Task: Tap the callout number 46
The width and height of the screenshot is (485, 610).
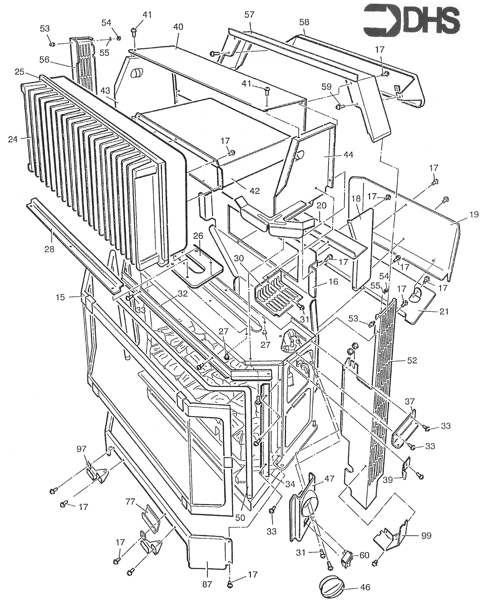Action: point(365,587)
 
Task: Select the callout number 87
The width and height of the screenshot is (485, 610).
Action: point(207,584)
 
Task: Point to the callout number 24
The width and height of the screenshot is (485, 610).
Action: point(13,139)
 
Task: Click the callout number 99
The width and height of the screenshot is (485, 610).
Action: point(426,536)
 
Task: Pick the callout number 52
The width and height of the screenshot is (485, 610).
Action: point(412,360)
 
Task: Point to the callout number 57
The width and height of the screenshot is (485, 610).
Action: point(250,15)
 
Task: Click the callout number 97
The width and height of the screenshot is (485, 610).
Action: point(82,449)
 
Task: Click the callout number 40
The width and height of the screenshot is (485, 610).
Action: point(178,27)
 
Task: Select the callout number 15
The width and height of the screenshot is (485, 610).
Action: point(60,297)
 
